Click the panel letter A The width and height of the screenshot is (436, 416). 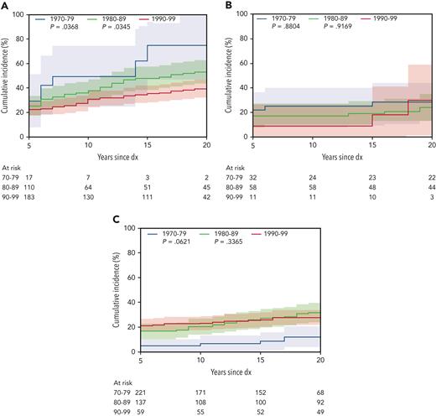4,5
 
